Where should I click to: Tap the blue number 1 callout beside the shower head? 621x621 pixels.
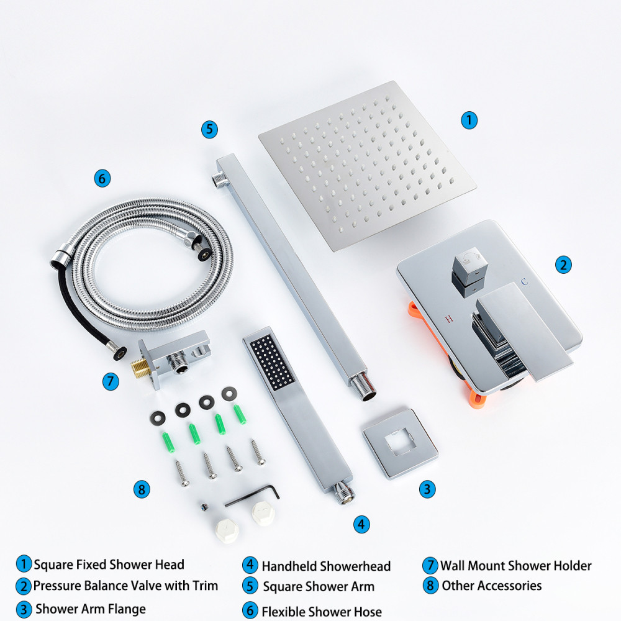[x=469, y=120]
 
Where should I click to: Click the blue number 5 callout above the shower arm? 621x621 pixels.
[x=210, y=129]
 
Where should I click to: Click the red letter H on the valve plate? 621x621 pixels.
[x=448, y=319]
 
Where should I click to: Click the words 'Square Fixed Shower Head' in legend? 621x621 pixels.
[x=109, y=564]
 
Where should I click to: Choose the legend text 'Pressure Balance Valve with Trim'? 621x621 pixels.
[x=125, y=585]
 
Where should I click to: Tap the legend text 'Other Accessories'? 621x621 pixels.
[x=491, y=586]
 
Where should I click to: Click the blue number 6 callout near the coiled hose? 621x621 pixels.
[x=102, y=179]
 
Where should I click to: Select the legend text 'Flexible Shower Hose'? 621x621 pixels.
[x=322, y=612]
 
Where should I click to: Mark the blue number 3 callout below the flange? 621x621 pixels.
[x=427, y=489]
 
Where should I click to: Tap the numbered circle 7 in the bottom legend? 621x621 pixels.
[x=430, y=566]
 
